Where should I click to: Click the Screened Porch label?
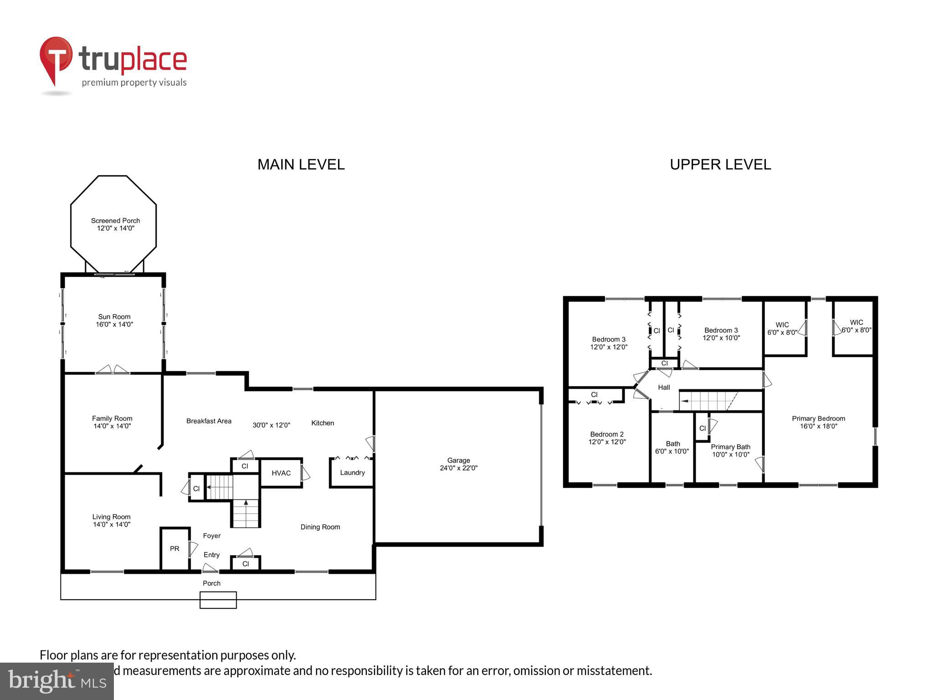pyautogui.click(x=115, y=221)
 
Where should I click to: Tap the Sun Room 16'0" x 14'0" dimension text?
pyautogui.click(x=114, y=324)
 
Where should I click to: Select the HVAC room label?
pyautogui.click(x=281, y=473)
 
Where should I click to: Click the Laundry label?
pyautogui.click(x=352, y=473)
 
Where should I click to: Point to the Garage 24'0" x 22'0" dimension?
pyautogui.click(x=458, y=468)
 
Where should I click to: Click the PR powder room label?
pyautogui.click(x=174, y=549)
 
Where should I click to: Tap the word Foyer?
pyautogui.click(x=212, y=536)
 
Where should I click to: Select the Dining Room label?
pyautogui.click(x=320, y=527)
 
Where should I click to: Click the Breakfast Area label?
pyautogui.click(x=209, y=421)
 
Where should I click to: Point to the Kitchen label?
pyautogui.click(x=323, y=423)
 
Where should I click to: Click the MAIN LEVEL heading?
pyautogui.click(x=301, y=165)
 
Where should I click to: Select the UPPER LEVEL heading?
pyautogui.click(x=720, y=165)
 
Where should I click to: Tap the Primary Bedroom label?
pyautogui.click(x=818, y=419)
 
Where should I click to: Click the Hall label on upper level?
pyautogui.click(x=664, y=387)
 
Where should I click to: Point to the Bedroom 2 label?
pyautogui.click(x=607, y=434)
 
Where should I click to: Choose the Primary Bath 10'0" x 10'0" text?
pyautogui.click(x=730, y=454)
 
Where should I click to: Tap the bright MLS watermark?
pyautogui.click(x=57, y=681)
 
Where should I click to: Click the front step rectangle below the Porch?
pyautogui.click(x=218, y=600)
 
